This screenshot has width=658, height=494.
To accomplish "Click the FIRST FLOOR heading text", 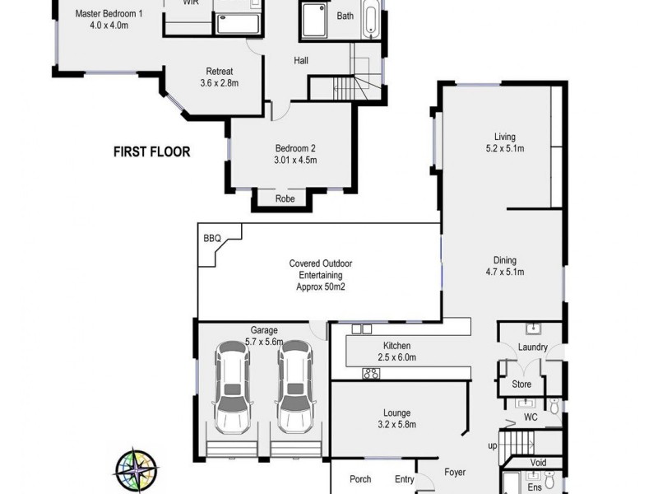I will point(152,151).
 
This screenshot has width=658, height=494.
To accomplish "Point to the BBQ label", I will point(211,238).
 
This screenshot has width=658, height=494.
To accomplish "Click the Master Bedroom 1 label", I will point(108,14).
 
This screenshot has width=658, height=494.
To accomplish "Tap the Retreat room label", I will point(218,71).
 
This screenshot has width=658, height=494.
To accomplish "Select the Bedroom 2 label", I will point(295,148).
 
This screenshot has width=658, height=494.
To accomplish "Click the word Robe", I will point(285,198).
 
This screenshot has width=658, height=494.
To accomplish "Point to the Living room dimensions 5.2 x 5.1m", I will point(503,148).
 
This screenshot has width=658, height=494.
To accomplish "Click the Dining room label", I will point(504,259).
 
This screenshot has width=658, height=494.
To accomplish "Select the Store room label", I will point(521,384).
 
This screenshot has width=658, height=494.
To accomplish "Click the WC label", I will point(531,417).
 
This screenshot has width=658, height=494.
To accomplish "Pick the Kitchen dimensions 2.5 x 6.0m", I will point(396,357).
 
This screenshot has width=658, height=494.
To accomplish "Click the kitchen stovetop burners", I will point(370,374).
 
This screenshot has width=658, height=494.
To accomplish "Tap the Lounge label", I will point(396,413).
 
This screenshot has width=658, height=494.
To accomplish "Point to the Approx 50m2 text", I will point(321,287).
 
